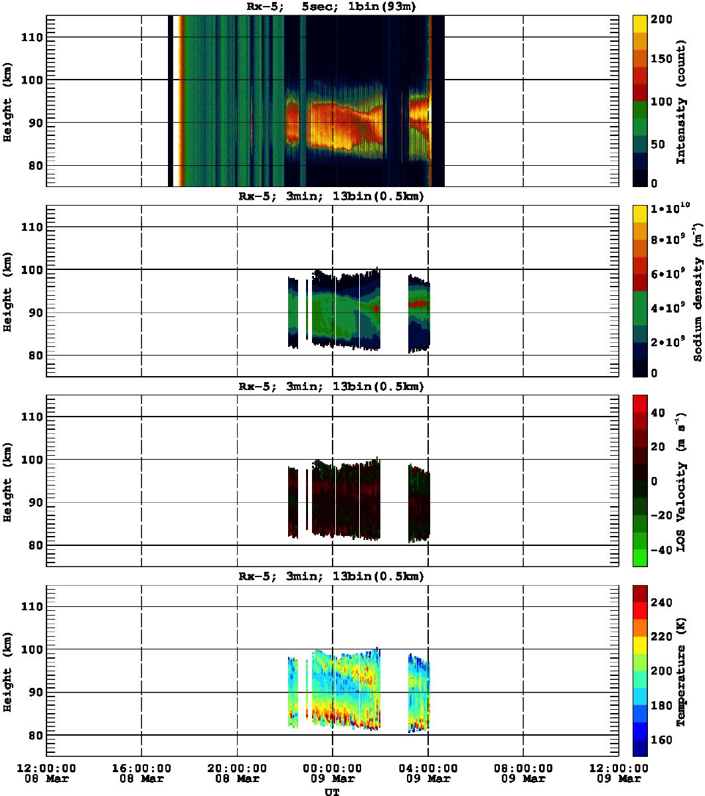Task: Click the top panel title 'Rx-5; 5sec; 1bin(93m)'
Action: click(x=331, y=7)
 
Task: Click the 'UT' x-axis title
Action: click(x=331, y=791)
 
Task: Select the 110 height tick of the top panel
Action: click(x=33, y=37)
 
